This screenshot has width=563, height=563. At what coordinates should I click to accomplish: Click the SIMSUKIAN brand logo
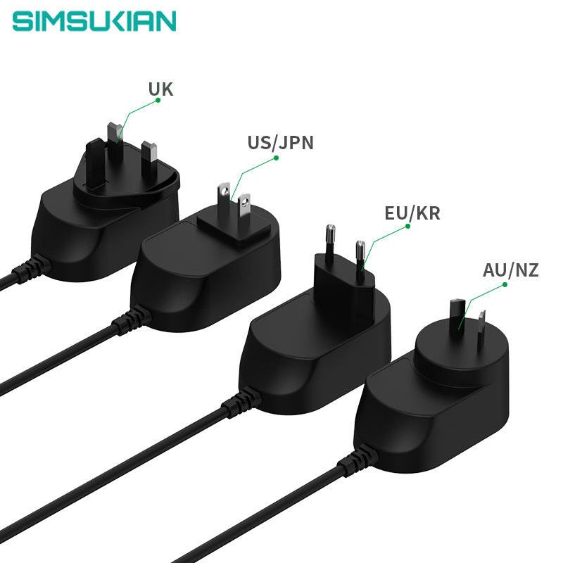pos(94,20)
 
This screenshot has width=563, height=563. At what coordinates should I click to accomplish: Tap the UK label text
pos(160,89)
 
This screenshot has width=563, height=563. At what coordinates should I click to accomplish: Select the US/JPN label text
pos(280,143)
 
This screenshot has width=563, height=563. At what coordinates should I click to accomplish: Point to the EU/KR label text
pos(412,213)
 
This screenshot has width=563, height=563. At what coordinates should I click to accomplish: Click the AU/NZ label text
pos(510,270)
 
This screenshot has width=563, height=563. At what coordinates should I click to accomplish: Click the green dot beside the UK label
pos(158,100)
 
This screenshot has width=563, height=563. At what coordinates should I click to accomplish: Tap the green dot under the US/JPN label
pos(277,158)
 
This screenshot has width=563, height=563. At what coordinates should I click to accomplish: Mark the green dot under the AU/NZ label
pos(505,285)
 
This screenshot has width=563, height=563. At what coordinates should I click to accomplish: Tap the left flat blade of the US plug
pos(224,199)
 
